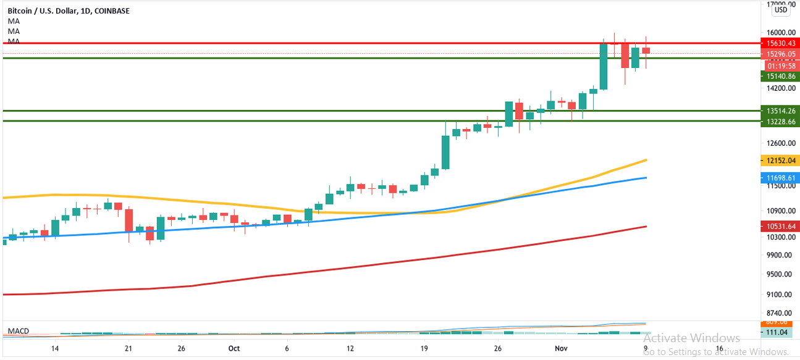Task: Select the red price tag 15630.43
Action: tap(780, 43)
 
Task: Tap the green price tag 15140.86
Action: tap(780, 76)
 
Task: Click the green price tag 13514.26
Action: tap(780, 111)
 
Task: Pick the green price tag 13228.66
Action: tap(780, 122)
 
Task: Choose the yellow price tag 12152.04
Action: tap(780, 161)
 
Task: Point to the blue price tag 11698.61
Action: tap(780, 178)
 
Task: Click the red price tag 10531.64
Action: tap(780, 227)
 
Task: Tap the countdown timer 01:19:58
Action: tap(780, 65)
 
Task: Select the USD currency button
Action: tap(781, 9)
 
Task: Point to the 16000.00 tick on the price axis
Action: tap(780, 33)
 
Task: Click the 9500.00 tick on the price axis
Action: tap(780, 274)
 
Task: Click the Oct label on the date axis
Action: tap(234, 348)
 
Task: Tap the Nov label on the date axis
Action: tap(562, 348)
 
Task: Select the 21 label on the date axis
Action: tap(128, 348)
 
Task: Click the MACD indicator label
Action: tap(18, 332)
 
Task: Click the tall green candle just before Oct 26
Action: tap(445, 152)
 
